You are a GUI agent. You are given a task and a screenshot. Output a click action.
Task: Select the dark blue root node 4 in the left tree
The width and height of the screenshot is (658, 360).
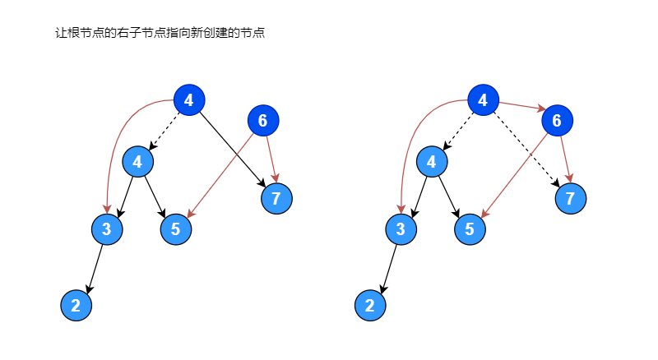click(189, 101)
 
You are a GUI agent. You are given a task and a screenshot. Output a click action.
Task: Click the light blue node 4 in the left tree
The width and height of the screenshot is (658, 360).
click(137, 162)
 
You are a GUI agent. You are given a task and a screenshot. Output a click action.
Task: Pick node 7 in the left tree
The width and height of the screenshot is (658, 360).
click(276, 198)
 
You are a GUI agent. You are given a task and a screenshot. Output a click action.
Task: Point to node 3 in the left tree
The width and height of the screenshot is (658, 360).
click(106, 229)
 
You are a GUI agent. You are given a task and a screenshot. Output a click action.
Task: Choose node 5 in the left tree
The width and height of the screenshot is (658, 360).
click(175, 229)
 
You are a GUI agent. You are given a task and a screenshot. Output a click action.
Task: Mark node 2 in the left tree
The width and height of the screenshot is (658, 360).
click(76, 306)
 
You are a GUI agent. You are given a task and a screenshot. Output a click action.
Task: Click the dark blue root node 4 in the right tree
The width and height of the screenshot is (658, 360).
click(483, 101)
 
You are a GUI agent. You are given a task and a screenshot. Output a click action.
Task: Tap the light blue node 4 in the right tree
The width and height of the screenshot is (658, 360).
click(431, 162)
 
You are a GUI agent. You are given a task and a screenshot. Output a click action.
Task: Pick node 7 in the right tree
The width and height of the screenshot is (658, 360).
click(570, 198)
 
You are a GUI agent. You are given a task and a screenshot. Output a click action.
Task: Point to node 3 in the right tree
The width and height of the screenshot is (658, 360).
click(400, 229)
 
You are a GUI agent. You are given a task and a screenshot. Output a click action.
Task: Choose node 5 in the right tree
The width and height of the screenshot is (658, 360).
click(469, 229)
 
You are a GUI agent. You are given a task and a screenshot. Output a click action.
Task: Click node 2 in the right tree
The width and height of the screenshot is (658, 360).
click(369, 306)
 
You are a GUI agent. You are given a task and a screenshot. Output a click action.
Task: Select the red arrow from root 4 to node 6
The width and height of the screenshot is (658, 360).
click(521, 107)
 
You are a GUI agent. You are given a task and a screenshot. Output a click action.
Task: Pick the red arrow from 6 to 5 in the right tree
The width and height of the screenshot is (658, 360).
click(514, 175)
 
